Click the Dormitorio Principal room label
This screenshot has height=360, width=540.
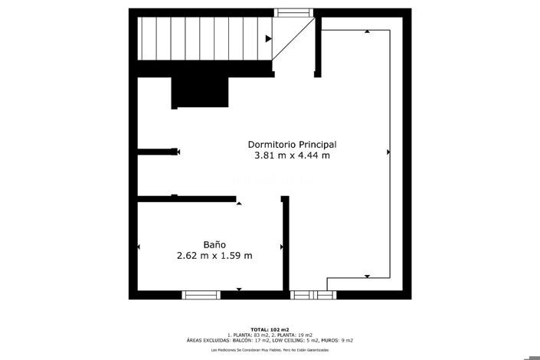(x=292, y=144)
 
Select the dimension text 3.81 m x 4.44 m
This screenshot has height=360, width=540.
(x=292, y=155)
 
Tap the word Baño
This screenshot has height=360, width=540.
(x=214, y=244)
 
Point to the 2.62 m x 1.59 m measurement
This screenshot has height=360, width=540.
(x=214, y=256)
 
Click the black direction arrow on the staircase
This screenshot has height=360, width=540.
(x=268, y=38)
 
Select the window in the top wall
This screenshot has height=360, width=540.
(x=295, y=12)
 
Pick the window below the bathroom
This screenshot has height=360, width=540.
(x=201, y=294)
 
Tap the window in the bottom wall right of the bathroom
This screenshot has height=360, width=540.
(x=313, y=294)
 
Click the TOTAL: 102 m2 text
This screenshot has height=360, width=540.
(x=270, y=329)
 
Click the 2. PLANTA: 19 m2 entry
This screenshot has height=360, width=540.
(x=292, y=335)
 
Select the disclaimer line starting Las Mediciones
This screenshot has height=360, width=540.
(x=270, y=350)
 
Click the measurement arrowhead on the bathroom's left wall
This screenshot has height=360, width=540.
(x=139, y=247)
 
